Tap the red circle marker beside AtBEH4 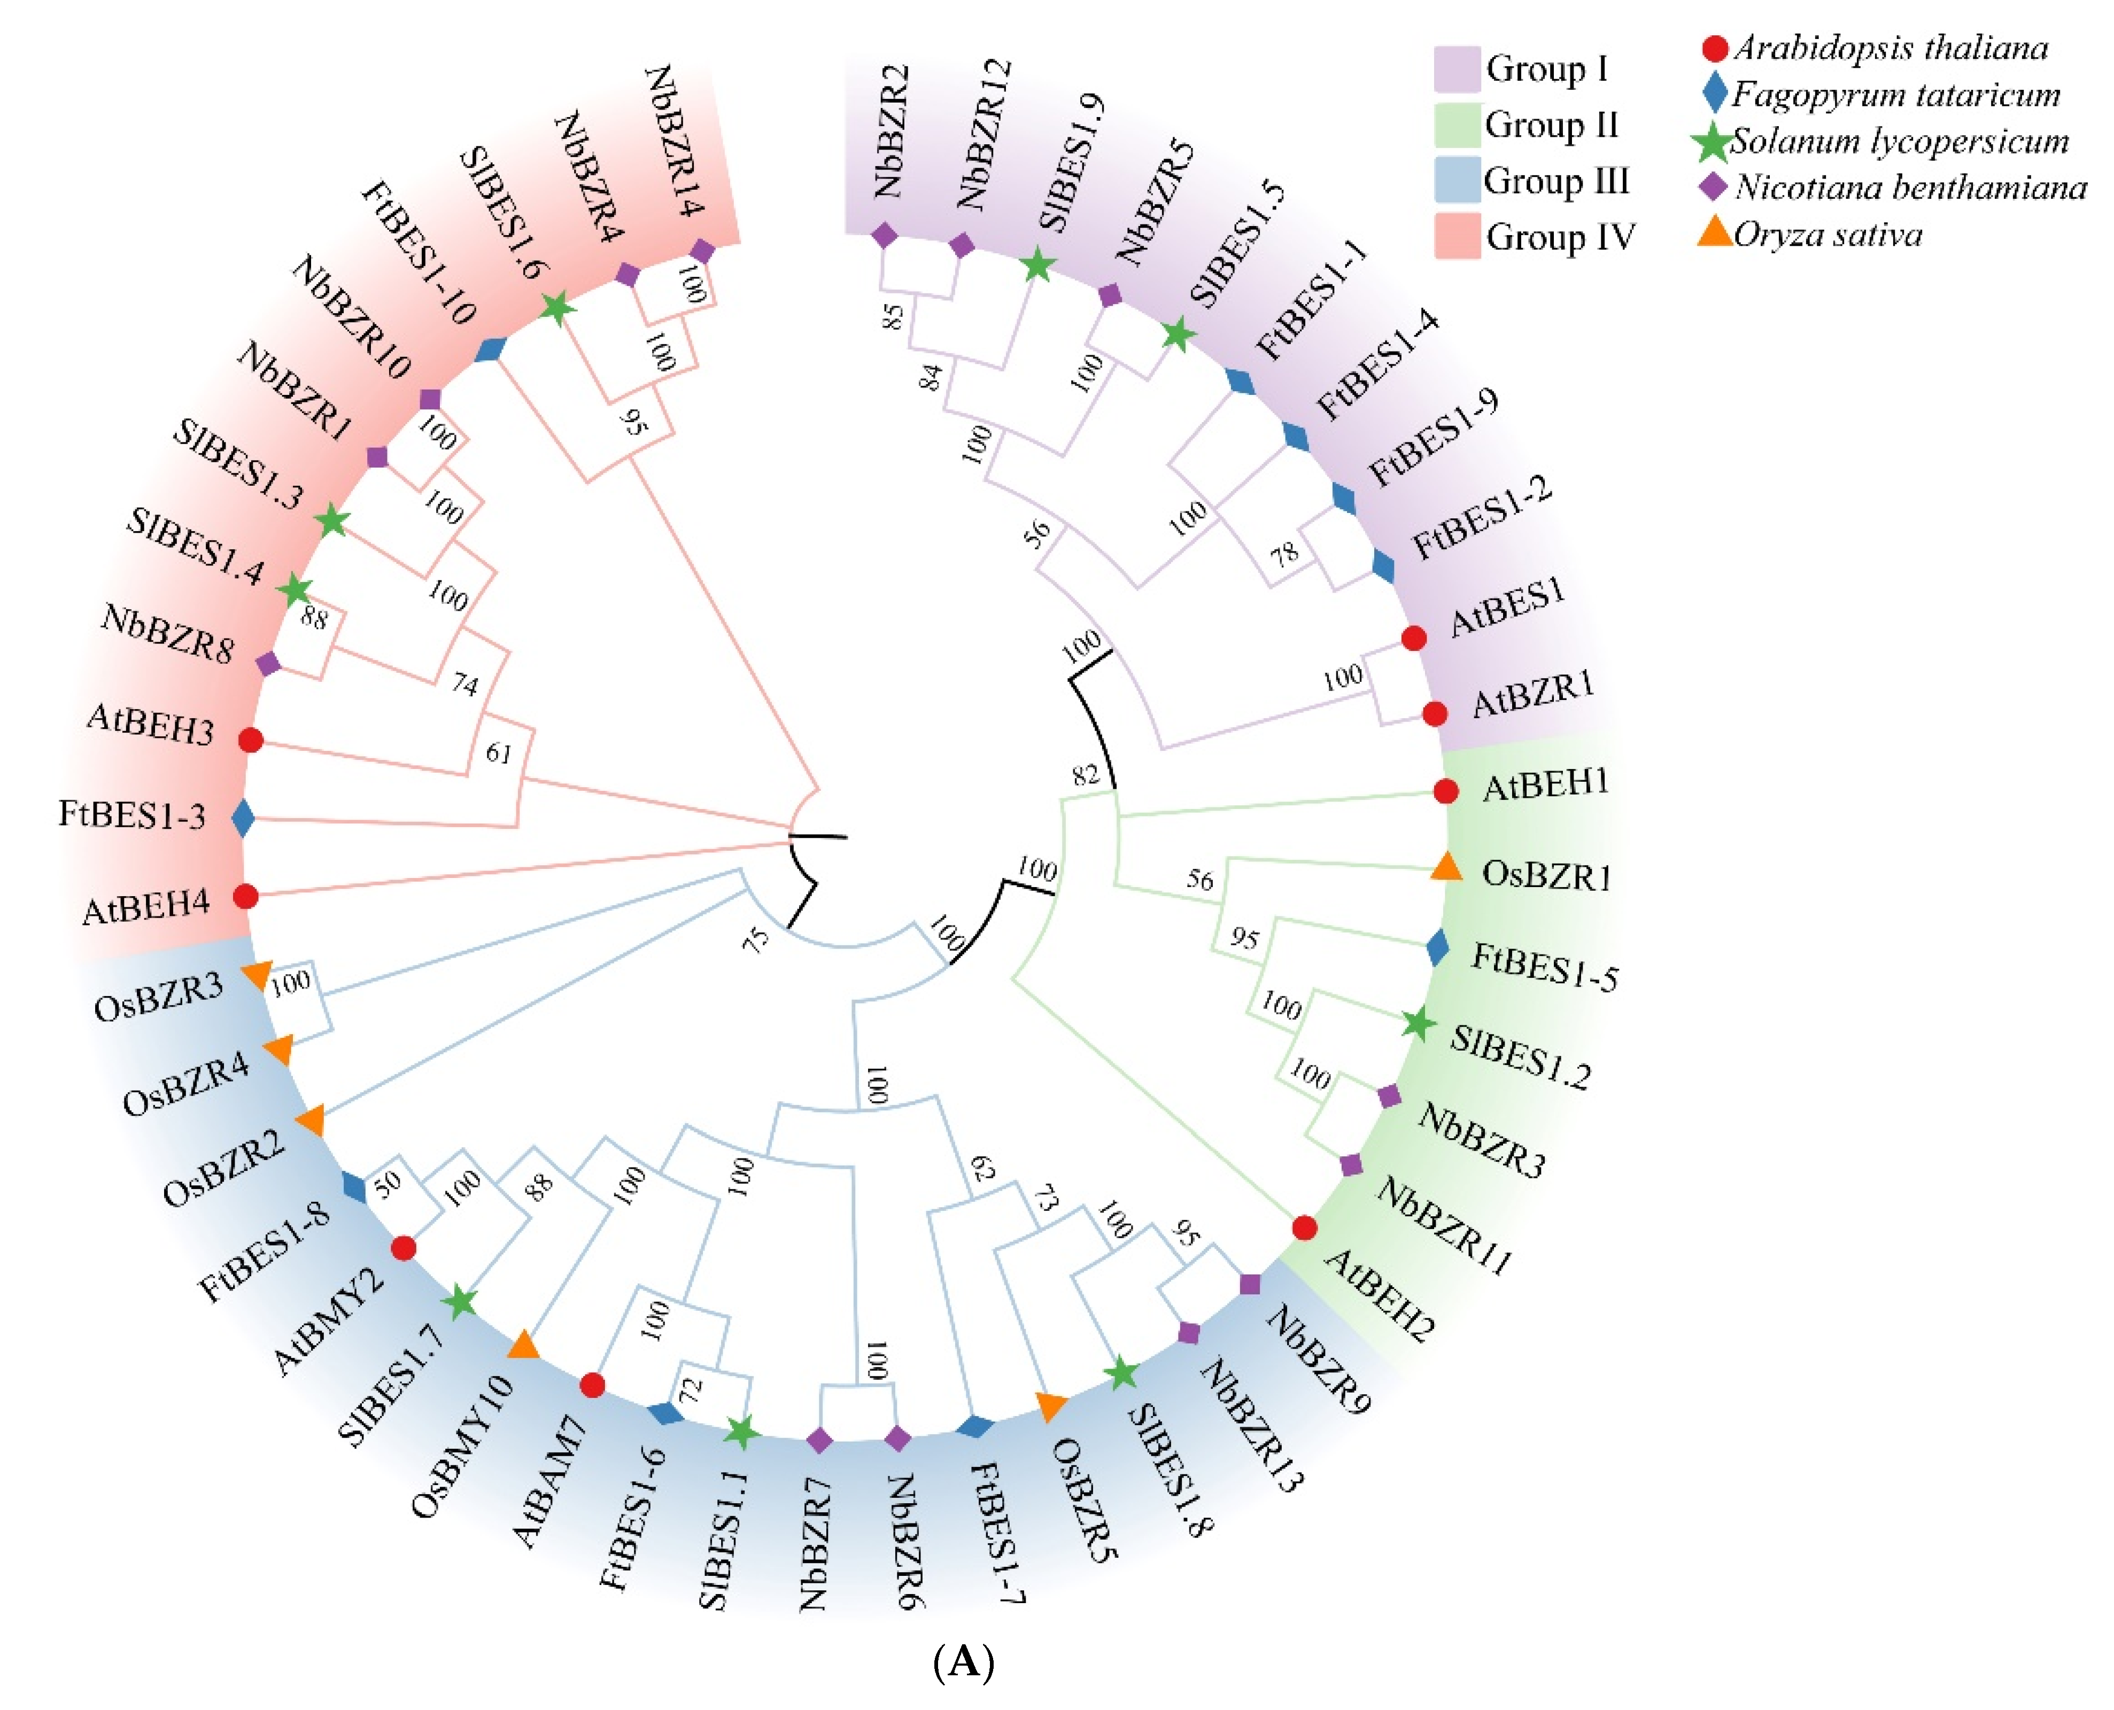(245, 896)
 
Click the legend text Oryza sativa (1828, 235)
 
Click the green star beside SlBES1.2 (1419, 1024)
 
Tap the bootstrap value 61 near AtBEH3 (499, 753)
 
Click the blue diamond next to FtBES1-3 (242, 818)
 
